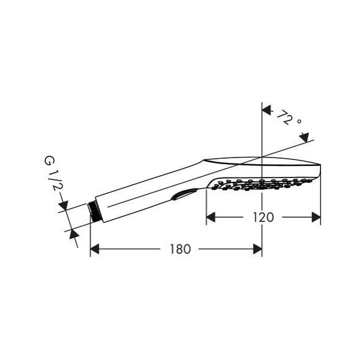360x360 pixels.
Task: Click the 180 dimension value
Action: click(x=180, y=249)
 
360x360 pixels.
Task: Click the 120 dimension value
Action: click(x=263, y=217)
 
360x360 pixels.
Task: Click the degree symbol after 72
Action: click(x=299, y=121)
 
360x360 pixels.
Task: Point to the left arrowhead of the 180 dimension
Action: click(x=94, y=249)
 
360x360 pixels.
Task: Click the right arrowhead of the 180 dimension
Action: click(x=258, y=249)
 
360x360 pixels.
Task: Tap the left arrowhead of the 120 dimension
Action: click(x=210, y=217)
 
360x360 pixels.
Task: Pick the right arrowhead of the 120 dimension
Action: click(x=316, y=217)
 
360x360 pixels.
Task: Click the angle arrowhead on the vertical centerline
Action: click(x=266, y=110)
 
